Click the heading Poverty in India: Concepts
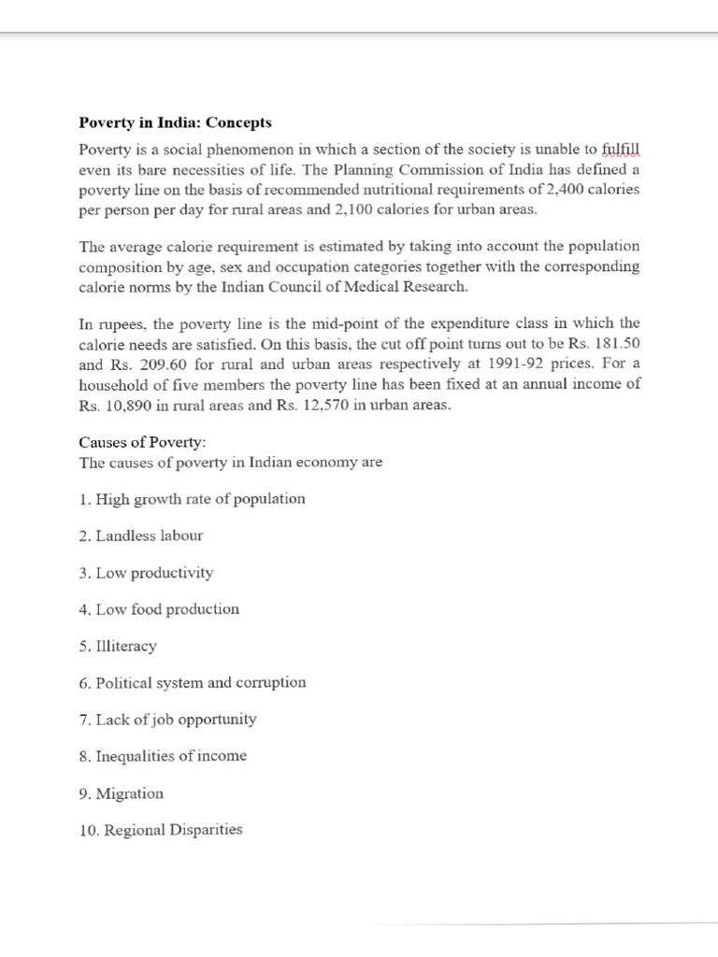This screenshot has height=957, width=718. click(x=175, y=123)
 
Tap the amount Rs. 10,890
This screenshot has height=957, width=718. click(x=118, y=406)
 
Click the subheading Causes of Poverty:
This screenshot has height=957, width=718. click(x=136, y=442)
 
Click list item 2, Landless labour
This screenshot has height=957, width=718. click(x=141, y=536)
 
